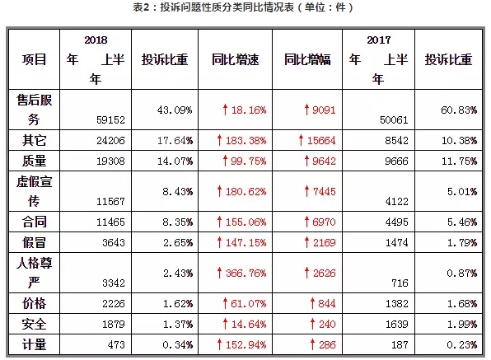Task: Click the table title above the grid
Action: point(243,7)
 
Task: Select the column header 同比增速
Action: point(235,59)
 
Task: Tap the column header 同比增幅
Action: point(307,59)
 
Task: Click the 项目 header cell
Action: point(34,59)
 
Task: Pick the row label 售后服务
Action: point(34,110)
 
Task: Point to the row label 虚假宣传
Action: point(34,191)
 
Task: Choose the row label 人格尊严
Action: point(34,273)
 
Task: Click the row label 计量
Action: point(34,344)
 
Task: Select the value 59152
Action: point(110,120)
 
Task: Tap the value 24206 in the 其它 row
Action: point(110,140)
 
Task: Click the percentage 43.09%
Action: point(175,110)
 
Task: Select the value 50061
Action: point(394,120)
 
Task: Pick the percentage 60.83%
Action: point(459,110)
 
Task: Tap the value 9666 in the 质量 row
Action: point(397,161)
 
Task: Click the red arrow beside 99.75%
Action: point(225,161)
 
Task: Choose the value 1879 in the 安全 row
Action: point(114,324)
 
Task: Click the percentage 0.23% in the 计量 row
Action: point(461,344)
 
